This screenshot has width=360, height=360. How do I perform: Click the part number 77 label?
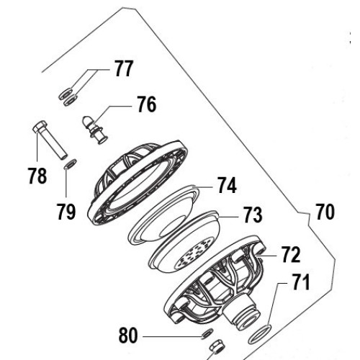click(123, 68)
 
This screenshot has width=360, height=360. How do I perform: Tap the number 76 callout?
click(147, 104)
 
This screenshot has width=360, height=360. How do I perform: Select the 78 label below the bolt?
click(37, 176)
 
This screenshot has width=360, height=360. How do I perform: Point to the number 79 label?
click(66, 212)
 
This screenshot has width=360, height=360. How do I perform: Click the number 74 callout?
click(227, 185)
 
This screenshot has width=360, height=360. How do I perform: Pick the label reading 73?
click(253, 215)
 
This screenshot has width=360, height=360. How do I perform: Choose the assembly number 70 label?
click(325, 212)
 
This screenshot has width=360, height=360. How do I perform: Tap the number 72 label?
click(291, 254)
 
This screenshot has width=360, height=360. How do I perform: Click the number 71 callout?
click(300, 282)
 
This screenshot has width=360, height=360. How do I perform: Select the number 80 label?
click(128, 336)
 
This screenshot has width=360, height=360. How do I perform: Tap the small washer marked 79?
click(70, 164)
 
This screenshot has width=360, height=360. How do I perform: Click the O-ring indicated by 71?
click(259, 334)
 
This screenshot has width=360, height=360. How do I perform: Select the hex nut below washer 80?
click(217, 347)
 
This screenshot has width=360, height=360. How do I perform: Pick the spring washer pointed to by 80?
click(207, 333)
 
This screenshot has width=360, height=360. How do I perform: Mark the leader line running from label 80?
click(173, 337)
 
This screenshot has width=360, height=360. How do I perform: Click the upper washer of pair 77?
click(66, 94)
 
